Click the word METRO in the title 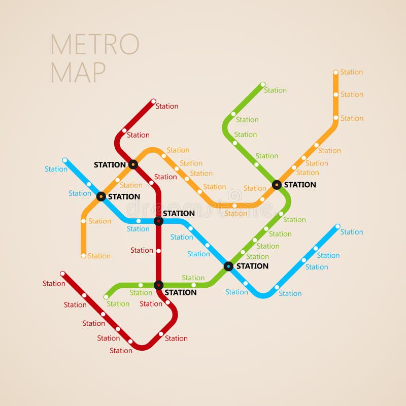[x=94, y=45]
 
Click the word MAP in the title [x=78, y=72]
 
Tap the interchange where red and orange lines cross [x=133, y=164]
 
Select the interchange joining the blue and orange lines [x=101, y=196]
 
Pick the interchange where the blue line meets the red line [x=158, y=221]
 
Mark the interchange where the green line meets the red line [x=158, y=285]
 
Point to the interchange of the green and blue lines [x=228, y=266]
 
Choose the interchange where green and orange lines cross [x=277, y=185]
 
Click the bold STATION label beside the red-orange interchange [x=110, y=165]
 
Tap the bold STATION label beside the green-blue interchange [x=252, y=266]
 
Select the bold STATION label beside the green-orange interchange [x=300, y=185]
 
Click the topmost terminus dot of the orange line [x=335, y=73]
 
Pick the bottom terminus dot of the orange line [x=84, y=256]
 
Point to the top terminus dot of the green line [x=262, y=84]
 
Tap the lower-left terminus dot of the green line [x=106, y=297]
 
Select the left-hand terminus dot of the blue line [x=64, y=160]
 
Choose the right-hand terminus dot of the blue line [x=337, y=226]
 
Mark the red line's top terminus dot [x=153, y=101]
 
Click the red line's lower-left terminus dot [x=62, y=274]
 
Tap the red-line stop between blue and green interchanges [x=158, y=251]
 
